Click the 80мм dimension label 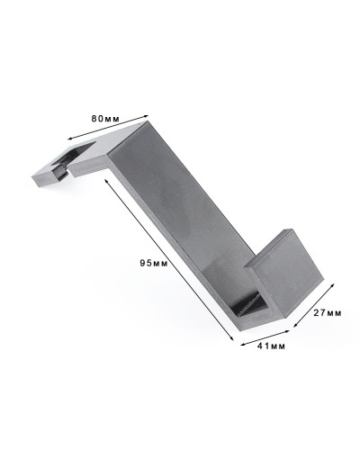pos(105,119)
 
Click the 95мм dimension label pos(154,264)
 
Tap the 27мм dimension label pos(328,313)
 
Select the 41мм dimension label pos(271,346)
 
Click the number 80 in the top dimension pos(97,119)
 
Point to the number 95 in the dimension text pos(146,264)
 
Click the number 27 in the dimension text pos(319,313)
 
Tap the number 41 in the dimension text pos(263,346)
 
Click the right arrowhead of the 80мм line pos(147,115)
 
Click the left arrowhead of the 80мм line pos(70,139)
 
